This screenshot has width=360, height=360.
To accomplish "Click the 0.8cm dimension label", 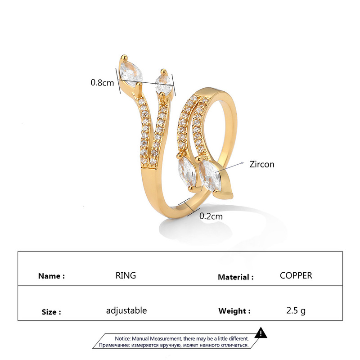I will coord(102,83).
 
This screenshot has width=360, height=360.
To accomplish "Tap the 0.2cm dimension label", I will coord(211,216).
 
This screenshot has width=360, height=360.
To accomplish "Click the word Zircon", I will coord(262,164).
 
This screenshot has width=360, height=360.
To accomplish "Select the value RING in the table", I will coord(126,275).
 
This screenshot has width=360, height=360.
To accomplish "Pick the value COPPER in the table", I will coord(296,275).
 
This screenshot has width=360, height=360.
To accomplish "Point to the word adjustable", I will coord(126,310).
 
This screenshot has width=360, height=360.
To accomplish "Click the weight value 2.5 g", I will coord(296,310).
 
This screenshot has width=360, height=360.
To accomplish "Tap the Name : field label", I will coord(51,276).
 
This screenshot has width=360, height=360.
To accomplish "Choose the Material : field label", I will coord(235,277).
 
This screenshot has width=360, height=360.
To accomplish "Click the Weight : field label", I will coord(234,311).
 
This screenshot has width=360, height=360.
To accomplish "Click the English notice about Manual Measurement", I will coord(181,338).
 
